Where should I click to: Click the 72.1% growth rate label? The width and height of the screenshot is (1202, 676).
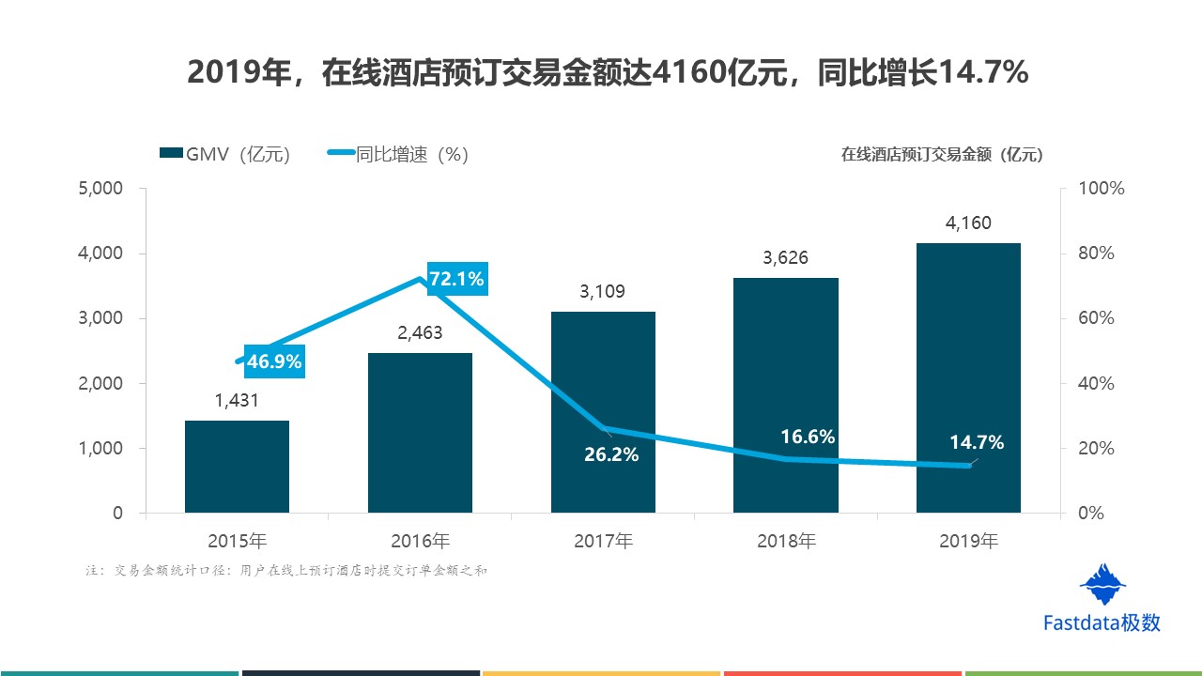(x=456, y=279)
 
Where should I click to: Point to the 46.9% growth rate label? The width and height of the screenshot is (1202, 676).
(x=273, y=362)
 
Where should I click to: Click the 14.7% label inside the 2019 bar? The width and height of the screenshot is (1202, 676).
(x=976, y=442)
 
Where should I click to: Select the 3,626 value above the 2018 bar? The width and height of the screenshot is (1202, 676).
(x=785, y=258)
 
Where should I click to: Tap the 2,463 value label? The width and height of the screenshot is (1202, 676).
(x=420, y=333)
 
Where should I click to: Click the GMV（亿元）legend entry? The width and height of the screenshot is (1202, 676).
(x=224, y=155)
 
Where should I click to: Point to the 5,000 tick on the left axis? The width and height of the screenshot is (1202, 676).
(x=101, y=189)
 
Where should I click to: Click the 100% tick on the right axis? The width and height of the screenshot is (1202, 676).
(x=1102, y=189)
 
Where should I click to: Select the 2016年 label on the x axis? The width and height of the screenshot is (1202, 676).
(x=420, y=541)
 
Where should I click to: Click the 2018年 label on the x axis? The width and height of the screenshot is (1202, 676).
(x=786, y=541)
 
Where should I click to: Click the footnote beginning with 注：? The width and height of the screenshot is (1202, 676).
(x=285, y=570)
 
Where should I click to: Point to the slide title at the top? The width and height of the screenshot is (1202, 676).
(x=601, y=72)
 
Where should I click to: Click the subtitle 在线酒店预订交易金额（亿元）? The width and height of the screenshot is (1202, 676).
(x=941, y=156)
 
